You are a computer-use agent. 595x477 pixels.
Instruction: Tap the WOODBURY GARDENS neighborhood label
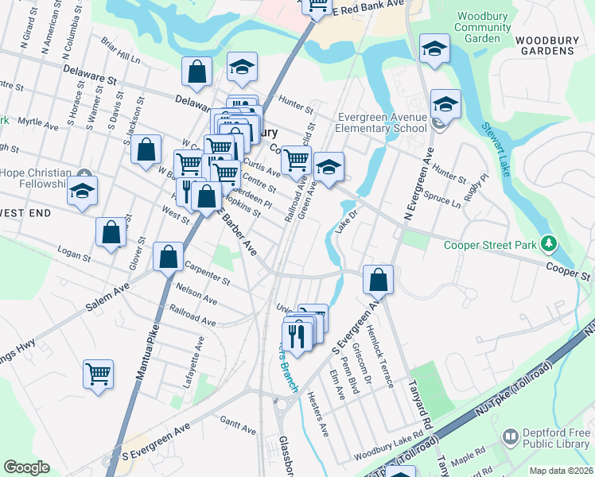tap(544, 45)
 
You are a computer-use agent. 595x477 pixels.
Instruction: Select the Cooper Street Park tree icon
tap(548, 243)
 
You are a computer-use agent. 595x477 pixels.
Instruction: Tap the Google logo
tap(26, 467)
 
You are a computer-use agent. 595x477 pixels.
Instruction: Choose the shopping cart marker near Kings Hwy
tap(98, 374)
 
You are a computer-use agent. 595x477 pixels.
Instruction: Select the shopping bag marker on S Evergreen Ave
tap(378, 280)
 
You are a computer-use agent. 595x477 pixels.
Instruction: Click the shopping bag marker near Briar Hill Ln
tap(196, 72)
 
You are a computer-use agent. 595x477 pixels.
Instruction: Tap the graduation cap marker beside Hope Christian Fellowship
tap(82, 192)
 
